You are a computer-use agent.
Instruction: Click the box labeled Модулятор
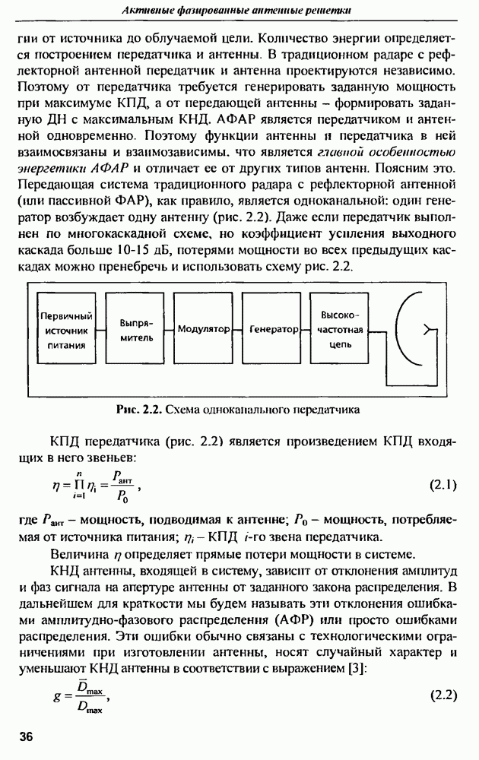(x=205, y=331)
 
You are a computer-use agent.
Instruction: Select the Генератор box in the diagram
(x=274, y=331)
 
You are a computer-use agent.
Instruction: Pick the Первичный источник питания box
(x=66, y=331)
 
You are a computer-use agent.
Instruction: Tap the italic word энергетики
(x=55, y=169)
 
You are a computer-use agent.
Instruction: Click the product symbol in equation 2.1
(x=75, y=486)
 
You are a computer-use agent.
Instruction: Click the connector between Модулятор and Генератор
(x=239, y=331)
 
